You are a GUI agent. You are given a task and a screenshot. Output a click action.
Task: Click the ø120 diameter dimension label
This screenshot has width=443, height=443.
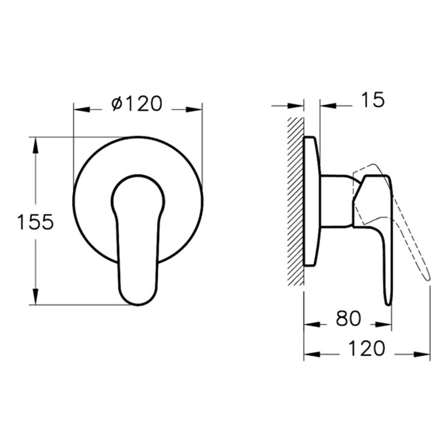tap(137, 104)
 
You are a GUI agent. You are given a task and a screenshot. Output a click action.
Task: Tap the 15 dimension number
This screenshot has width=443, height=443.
tap(372, 100)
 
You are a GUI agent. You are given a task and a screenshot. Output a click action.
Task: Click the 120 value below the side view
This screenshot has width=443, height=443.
tap(367, 348)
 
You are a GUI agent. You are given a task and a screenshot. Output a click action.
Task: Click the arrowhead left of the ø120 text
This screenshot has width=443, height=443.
tap(82, 109)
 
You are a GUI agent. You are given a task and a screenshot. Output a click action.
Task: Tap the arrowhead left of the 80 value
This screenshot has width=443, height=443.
tap(312, 324)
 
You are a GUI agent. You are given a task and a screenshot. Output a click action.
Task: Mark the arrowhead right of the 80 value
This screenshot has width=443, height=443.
tap(382, 324)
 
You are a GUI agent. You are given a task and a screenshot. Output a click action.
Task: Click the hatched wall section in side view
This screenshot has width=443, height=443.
tap(295, 201)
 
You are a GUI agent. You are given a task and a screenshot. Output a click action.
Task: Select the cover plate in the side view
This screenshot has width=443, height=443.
tap(311, 201)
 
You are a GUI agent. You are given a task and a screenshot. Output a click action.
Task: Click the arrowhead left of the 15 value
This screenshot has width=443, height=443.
tap(295, 106)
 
